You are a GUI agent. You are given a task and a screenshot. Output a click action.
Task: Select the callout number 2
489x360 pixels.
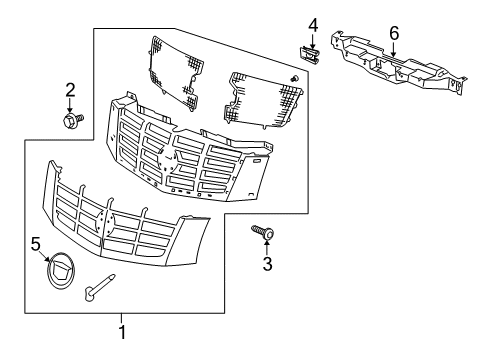click(x=70, y=90)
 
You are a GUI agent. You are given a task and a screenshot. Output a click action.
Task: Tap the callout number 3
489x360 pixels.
click(x=267, y=264)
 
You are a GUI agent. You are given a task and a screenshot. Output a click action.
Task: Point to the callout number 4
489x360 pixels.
click(x=311, y=24)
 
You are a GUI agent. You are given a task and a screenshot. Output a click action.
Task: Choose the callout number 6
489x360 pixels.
click(x=394, y=33)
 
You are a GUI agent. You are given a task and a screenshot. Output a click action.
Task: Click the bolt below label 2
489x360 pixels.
click(x=72, y=121)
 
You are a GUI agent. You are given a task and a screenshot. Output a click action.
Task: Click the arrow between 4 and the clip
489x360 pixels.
click(x=311, y=40)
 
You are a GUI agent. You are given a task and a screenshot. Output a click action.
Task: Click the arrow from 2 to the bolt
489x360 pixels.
click(x=70, y=106)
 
